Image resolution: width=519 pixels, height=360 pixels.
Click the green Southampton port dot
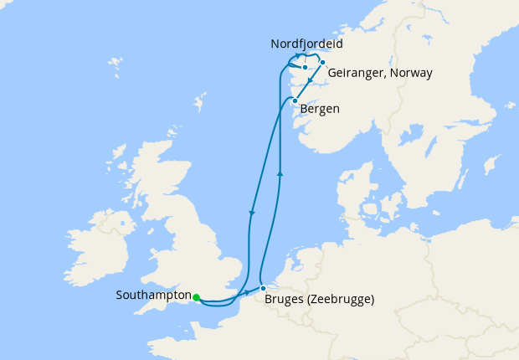(x=196, y=297)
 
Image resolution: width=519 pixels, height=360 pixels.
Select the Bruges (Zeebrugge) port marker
(x=263, y=288)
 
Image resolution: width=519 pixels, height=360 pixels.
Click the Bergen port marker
(x=295, y=101)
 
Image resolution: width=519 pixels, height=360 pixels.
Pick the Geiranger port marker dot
(x=322, y=62)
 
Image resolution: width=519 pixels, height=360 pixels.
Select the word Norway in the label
(x=413, y=73)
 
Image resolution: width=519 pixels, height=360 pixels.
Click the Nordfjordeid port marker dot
(x=306, y=67)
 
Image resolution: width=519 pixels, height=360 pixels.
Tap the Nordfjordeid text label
(x=306, y=44)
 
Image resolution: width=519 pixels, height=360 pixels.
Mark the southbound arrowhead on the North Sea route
(x=251, y=213)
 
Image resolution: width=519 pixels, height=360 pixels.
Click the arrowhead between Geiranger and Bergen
(x=311, y=80)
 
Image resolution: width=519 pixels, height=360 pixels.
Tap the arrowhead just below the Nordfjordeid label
(x=299, y=56)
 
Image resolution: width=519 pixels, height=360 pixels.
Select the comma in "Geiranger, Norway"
(x=383, y=75)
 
